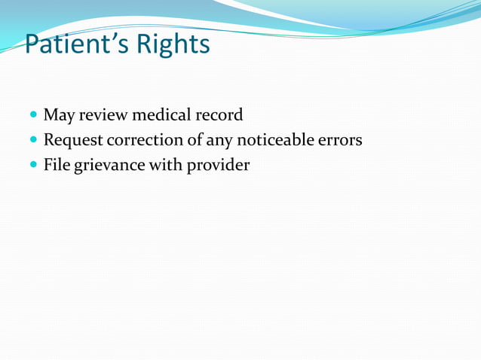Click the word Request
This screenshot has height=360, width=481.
point(73,140)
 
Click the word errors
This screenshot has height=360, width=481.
point(344,139)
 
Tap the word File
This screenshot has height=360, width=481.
point(56,163)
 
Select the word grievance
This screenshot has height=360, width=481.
point(108,164)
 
